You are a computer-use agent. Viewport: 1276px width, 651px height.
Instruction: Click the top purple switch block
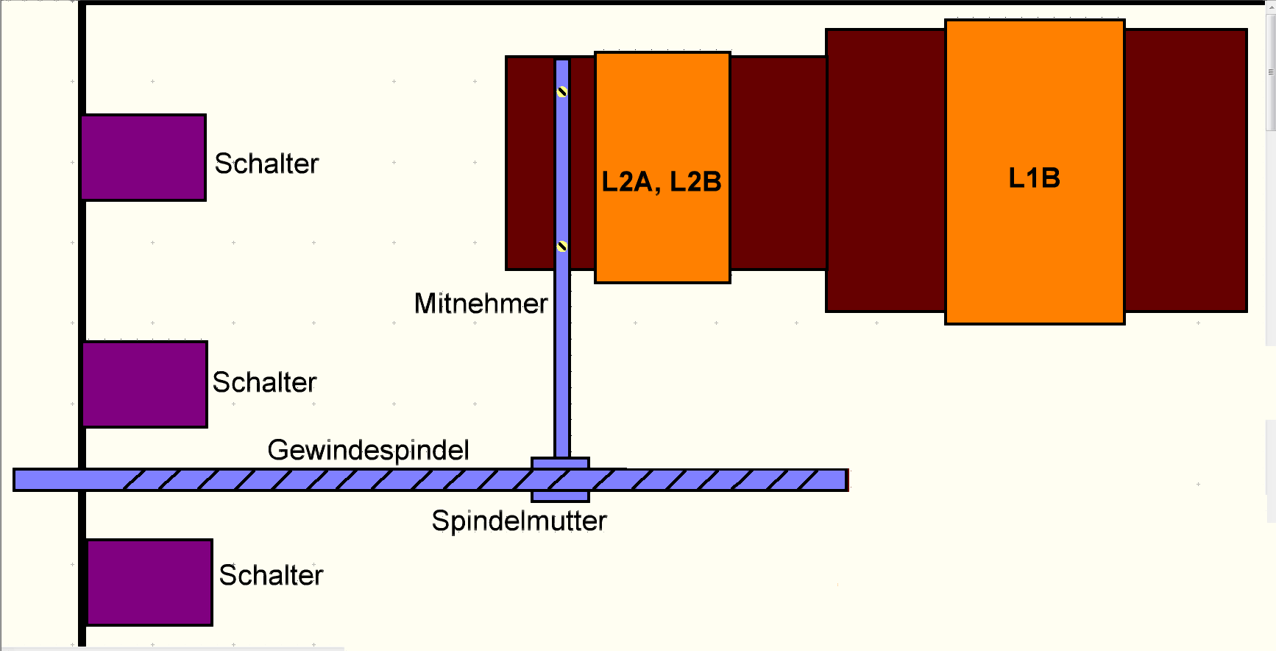(x=143, y=158)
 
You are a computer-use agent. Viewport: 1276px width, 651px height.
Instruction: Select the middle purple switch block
(x=145, y=384)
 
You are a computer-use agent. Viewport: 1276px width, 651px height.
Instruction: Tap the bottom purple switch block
(x=150, y=583)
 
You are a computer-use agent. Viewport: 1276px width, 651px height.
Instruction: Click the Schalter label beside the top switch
(x=266, y=163)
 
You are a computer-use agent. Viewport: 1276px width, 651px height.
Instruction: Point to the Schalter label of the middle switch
(x=265, y=382)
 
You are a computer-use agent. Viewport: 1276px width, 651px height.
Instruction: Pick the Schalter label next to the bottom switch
(x=271, y=575)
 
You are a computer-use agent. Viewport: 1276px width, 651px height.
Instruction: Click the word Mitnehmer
(x=481, y=303)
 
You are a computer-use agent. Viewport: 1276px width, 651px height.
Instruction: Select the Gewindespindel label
(x=368, y=450)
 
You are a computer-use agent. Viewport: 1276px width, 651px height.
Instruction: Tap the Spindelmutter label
(x=519, y=521)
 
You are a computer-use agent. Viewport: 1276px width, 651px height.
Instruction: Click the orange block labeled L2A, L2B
(x=662, y=167)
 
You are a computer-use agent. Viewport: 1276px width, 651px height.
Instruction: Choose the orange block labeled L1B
(x=1035, y=172)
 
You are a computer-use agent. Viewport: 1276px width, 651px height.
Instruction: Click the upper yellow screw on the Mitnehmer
(x=562, y=92)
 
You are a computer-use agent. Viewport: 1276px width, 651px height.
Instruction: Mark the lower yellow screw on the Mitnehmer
(x=562, y=246)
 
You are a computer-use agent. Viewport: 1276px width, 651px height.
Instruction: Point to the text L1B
(x=1034, y=178)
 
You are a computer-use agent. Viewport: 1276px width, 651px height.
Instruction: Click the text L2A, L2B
(x=662, y=182)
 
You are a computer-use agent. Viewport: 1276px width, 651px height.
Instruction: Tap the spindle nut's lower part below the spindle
(x=561, y=496)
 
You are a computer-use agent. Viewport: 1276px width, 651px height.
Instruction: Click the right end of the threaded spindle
(x=846, y=480)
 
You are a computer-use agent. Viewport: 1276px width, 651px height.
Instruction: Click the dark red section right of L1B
(x=1185, y=170)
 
